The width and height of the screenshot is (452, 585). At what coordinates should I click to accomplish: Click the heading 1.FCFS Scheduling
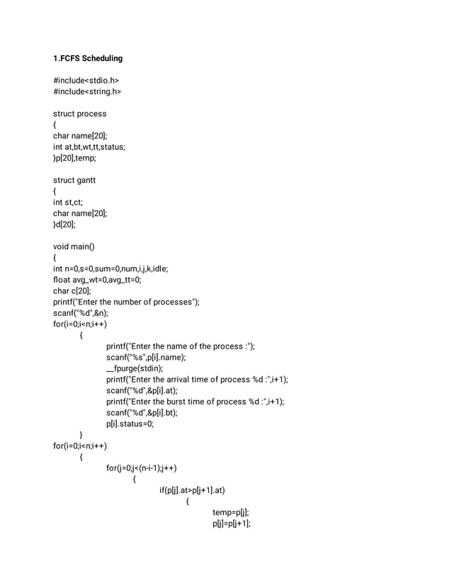pos(88,58)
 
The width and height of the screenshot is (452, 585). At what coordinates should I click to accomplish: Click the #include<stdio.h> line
pos(86,80)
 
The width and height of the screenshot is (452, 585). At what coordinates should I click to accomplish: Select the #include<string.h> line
pos(88,91)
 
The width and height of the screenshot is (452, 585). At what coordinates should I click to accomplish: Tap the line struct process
pos(80,113)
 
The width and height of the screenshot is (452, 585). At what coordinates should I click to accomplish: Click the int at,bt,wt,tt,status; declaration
pos(89,147)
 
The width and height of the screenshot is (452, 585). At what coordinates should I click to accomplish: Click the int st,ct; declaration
pos(69,202)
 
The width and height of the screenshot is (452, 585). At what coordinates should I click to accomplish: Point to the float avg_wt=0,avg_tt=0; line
pos(97,280)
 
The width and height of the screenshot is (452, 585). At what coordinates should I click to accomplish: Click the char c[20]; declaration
pos(72,290)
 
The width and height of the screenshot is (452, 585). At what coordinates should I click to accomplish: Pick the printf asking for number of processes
pos(126,302)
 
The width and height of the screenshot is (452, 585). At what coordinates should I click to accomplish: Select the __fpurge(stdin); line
pos(135,368)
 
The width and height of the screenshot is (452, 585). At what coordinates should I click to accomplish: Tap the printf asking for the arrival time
pos(197,380)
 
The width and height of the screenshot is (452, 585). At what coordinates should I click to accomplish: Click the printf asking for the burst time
pos(195,402)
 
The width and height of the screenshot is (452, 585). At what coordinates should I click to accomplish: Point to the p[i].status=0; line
pos(130,424)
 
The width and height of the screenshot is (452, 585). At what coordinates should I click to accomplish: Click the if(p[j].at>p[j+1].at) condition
pos(192,490)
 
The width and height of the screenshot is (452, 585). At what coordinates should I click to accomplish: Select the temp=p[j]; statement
pos(230,512)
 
